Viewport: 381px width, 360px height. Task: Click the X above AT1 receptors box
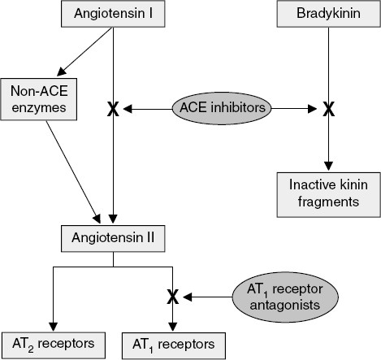pyautogui.click(x=172, y=297)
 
